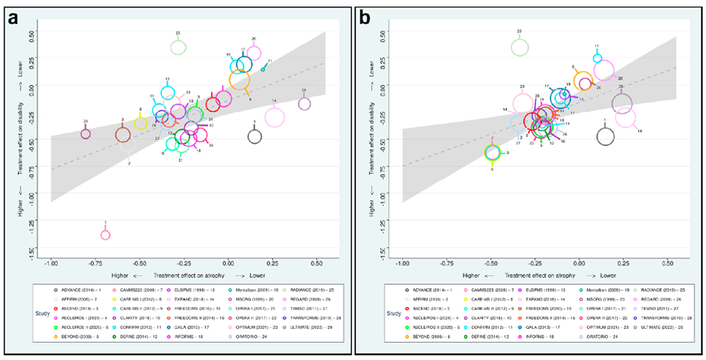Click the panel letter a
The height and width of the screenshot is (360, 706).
[14, 17]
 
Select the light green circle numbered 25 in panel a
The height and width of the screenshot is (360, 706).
[179, 47]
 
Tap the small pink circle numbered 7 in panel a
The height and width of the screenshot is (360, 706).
[105, 235]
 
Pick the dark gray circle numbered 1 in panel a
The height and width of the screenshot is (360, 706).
[255, 136]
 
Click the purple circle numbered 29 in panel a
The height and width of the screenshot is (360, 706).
[304, 104]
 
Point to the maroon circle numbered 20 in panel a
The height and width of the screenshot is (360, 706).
[86, 134]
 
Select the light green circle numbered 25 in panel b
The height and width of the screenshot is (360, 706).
[520, 47]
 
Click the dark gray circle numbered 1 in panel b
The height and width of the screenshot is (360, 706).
[605, 136]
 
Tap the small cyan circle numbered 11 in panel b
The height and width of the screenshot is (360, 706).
[597, 59]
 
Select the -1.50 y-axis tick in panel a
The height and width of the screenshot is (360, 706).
[33, 252]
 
